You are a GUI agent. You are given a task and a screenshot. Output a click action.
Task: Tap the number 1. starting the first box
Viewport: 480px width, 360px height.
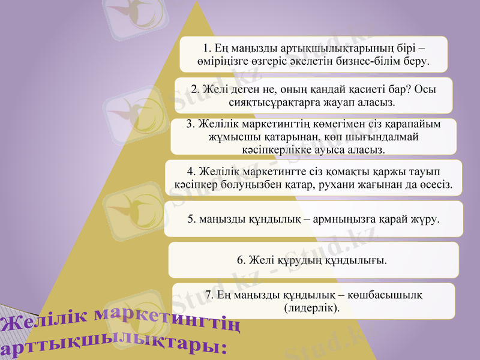pos(208,47)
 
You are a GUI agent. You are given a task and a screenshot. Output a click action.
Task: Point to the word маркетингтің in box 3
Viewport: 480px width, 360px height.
pos(272,124)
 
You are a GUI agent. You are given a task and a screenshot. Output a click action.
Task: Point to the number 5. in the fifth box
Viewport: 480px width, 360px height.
pos(192,220)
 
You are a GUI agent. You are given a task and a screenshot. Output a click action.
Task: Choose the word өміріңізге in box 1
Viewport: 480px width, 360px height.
pos(223,61)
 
